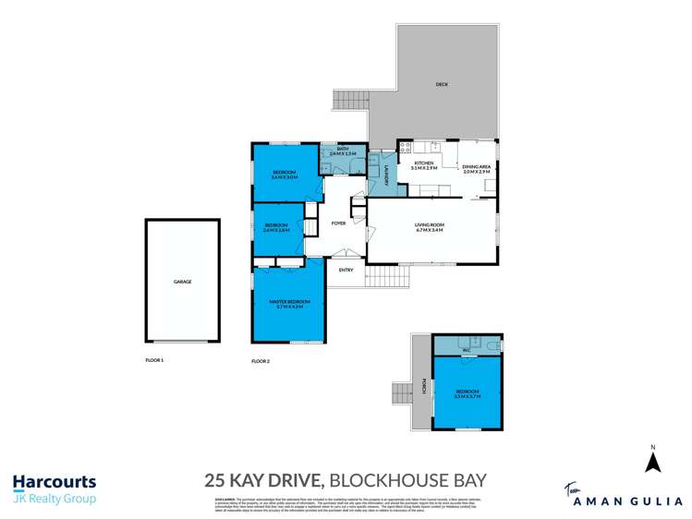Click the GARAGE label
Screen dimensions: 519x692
[182, 281]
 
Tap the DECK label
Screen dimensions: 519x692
[443, 86]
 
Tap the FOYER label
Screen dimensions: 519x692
[338, 223]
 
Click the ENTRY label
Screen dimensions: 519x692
[346, 270]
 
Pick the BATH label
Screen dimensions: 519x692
[342, 151]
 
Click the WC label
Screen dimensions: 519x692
[467, 350]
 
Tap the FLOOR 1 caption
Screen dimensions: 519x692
[154, 358]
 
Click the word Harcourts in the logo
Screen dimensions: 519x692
[54, 482]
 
